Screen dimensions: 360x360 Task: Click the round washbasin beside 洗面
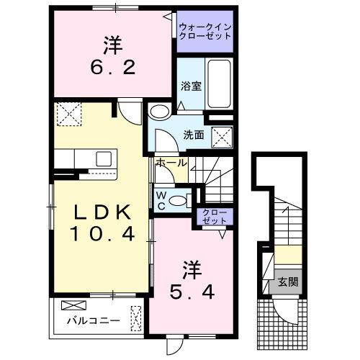click(x=158, y=111)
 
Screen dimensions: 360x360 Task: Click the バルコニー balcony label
click(x=89, y=319)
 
